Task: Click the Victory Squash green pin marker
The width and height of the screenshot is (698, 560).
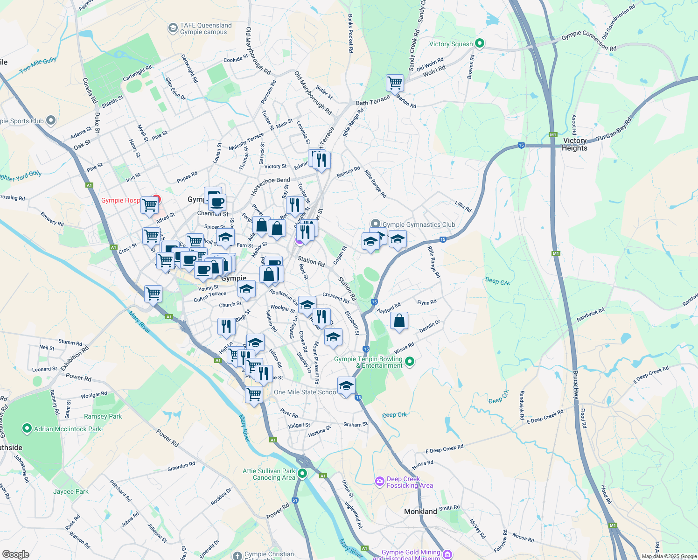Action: pyautogui.click(x=479, y=44)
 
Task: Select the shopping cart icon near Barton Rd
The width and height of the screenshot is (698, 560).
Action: pyautogui.click(x=395, y=83)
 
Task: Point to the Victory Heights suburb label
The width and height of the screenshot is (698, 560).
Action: pyautogui.click(x=574, y=144)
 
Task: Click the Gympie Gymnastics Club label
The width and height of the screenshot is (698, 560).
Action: pyautogui.click(x=419, y=224)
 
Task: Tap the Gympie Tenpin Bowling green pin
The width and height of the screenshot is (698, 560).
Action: pyautogui.click(x=410, y=361)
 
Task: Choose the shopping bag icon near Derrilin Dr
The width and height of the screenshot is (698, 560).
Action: pyautogui.click(x=399, y=321)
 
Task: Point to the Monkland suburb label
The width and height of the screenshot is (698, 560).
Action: pyautogui.click(x=420, y=511)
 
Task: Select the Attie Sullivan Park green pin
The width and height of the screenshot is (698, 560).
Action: pyautogui.click(x=302, y=474)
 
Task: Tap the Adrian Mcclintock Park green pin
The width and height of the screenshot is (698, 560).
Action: pyautogui.click(x=27, y=428)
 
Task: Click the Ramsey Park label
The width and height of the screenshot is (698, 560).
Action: pyautogui.click(x=103, y=416)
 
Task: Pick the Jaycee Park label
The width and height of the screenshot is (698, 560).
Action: pyautogui.click(x=71, y=491)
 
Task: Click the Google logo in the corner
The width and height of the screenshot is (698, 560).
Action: pyautogui.click(x=15, y=554)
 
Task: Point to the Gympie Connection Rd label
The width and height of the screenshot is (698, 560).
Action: pyautogui.click(x=589, y=41)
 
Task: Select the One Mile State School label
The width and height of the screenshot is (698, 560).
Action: pyautogui.click(x=305, y=392)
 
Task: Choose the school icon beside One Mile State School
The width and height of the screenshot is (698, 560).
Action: pyautogui.click(x=346, y=386)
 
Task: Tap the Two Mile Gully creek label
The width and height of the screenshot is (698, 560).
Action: pyautogui.click(x=38, y=65)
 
